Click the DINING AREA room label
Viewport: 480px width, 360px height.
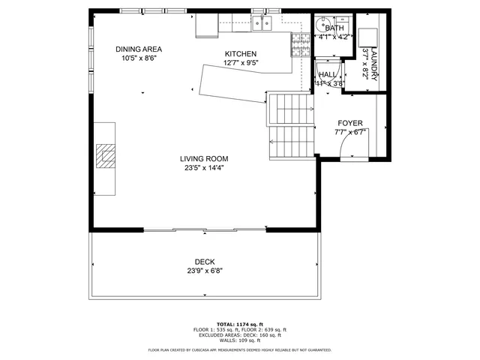pyautogui.click(x=139, y=49)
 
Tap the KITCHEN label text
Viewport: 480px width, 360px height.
pyautogui.click(x=241, y=54)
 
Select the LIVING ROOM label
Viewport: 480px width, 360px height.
pyautogui.click(x=204, y=158)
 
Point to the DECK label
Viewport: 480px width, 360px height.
pyautogui.click(x=205, y=262)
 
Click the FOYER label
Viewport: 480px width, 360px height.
pyautogui.click(x=349, y=123)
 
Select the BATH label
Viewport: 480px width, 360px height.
pyautogui.click(x=334, y=28)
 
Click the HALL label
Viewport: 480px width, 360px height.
pyautogui.click(x=328, y=75)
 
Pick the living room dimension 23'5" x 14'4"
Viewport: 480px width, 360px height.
pyautogui.click(x=204, y=168)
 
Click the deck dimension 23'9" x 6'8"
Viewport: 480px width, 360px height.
pyautogui.click(x=205, y=271)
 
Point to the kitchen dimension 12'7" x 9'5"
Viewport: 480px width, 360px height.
pyautogui.click(x=241, y=64)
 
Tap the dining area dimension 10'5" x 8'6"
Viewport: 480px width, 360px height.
pyautogui.click(x=139, y=58)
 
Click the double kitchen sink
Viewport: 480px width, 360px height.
pyautogui.click(x=262, y=24)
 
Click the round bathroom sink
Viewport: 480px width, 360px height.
pyautogui.click(x=323, y=22)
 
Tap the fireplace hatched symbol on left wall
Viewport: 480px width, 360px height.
pyautogui.click(x=105, y=157)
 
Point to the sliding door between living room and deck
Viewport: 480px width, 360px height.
pyautogui.click(x=204, y=229)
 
